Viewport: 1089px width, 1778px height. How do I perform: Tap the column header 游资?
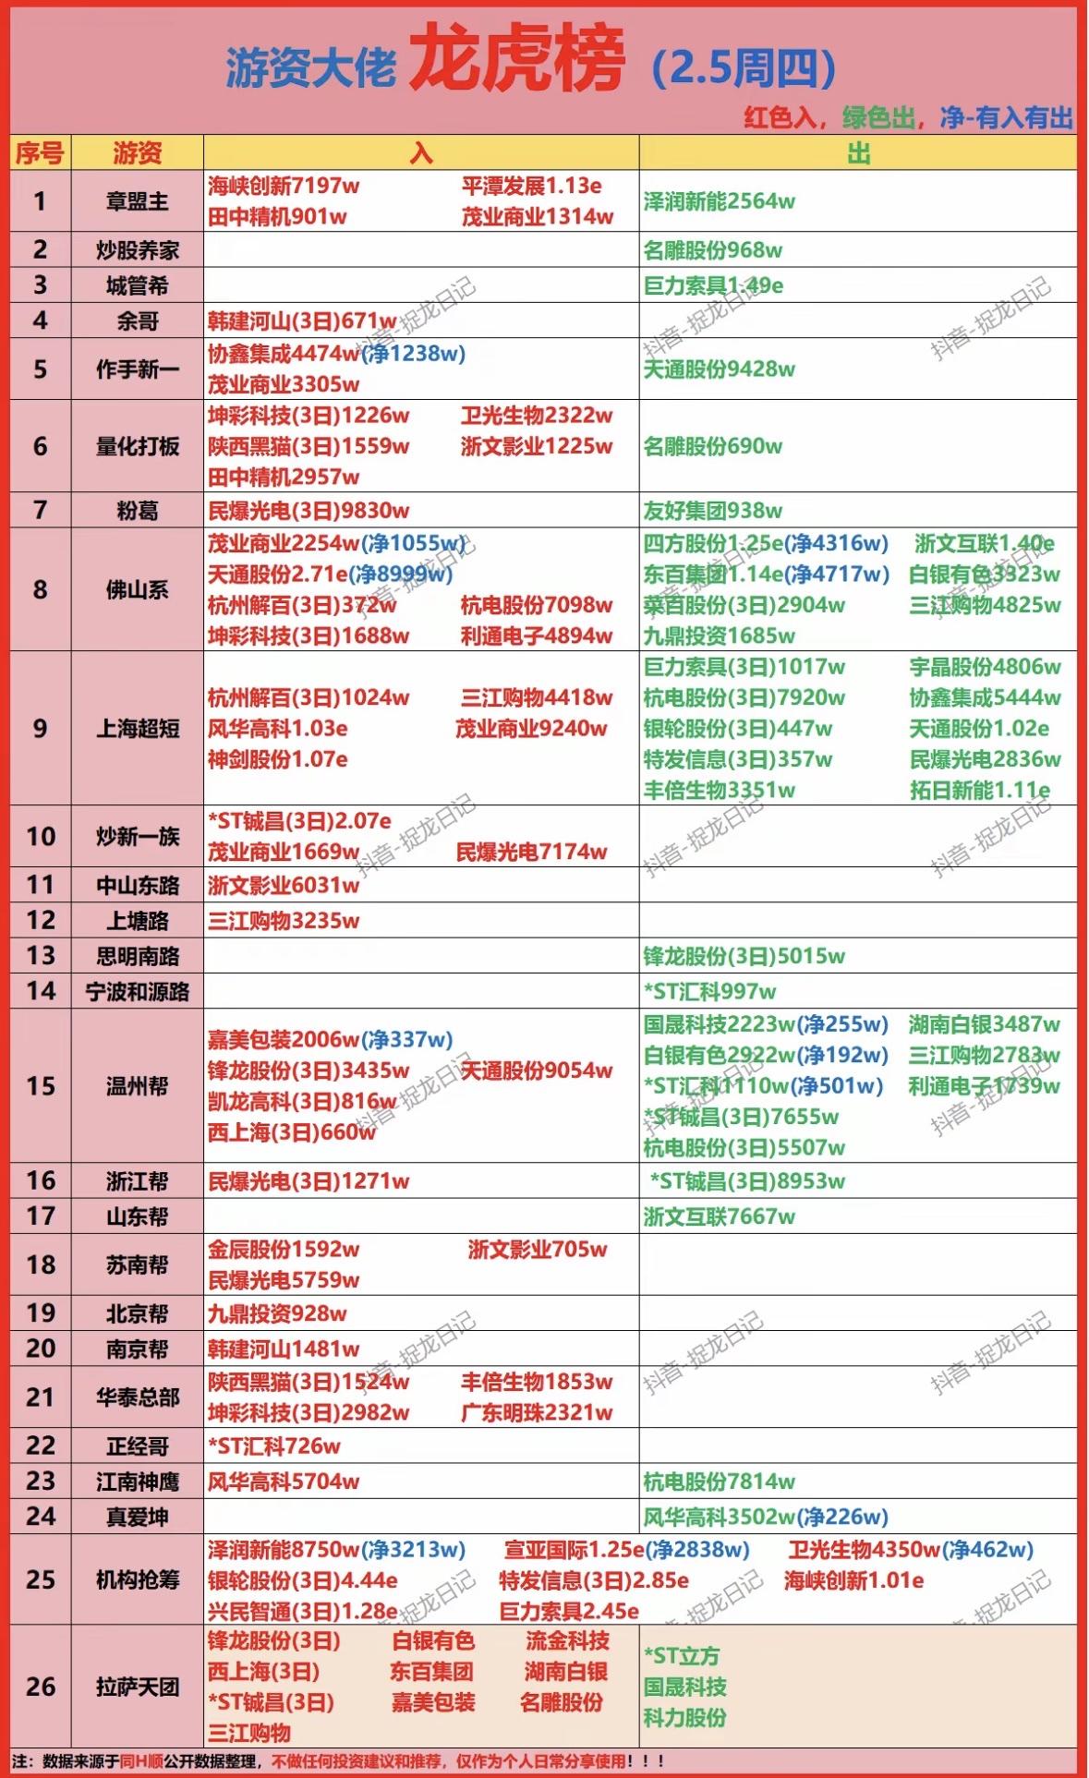[x=137, y=152]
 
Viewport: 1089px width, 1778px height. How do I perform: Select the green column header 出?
[x=858, y=152]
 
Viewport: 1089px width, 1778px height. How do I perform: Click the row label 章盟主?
[x=137, y=200]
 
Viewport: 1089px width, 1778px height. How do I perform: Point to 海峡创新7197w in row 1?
[x=284, y=186]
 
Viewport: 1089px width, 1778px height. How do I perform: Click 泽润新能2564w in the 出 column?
[x=719, y=201]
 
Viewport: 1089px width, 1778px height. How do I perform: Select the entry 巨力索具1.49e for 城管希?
[x=713, y=285]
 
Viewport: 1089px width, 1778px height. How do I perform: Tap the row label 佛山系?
[x=137, y=589]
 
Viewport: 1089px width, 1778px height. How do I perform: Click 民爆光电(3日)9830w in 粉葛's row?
[x=309, y=510]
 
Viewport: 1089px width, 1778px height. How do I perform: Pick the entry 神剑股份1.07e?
[x=278, y=759]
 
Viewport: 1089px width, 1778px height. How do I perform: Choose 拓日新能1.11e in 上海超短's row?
[x=979, y=790]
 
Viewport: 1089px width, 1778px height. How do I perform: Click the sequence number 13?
[x=41, y=955]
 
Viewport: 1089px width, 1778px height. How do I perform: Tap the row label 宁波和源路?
[x=137, y=991]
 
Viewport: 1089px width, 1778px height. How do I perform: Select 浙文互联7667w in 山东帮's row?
[x=719, y=1216]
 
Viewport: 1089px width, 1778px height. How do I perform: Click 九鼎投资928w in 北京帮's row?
[x=277, y=1312]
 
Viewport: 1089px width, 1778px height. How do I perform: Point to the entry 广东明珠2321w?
[x=536, y=1412]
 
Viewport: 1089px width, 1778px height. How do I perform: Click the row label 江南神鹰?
[x=137, y=1482]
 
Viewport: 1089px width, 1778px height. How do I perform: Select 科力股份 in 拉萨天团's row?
[x=684, y=1717]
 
